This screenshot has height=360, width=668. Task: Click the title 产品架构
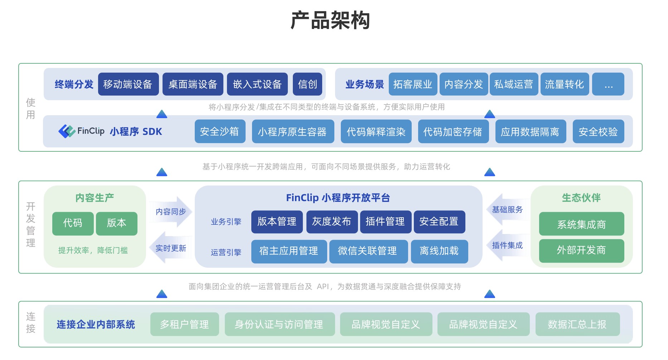[330, 20]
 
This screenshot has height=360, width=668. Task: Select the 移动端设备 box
[128, 84]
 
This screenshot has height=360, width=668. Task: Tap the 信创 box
[307, 84]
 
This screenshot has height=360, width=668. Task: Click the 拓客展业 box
[412, 84]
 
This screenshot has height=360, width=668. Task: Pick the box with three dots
[608, 84]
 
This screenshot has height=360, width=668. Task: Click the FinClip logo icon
[67, 131]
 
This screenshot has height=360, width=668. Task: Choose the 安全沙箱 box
[219, 132]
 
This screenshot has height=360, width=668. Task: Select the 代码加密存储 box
[453, 132]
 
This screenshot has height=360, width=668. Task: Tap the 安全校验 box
[598, 132]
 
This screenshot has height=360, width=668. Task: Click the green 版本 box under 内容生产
[116, 223]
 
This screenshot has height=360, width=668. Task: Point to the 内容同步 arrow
[171, 212]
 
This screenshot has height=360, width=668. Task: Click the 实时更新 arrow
[170, 248]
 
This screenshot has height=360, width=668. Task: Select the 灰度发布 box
[331, 222]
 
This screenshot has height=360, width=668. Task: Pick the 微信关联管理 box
[368, 251]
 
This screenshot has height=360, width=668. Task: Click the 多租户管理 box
[184, 324]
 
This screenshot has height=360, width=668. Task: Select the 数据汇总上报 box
[577, 324]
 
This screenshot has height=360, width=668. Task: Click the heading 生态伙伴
[581, 198]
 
